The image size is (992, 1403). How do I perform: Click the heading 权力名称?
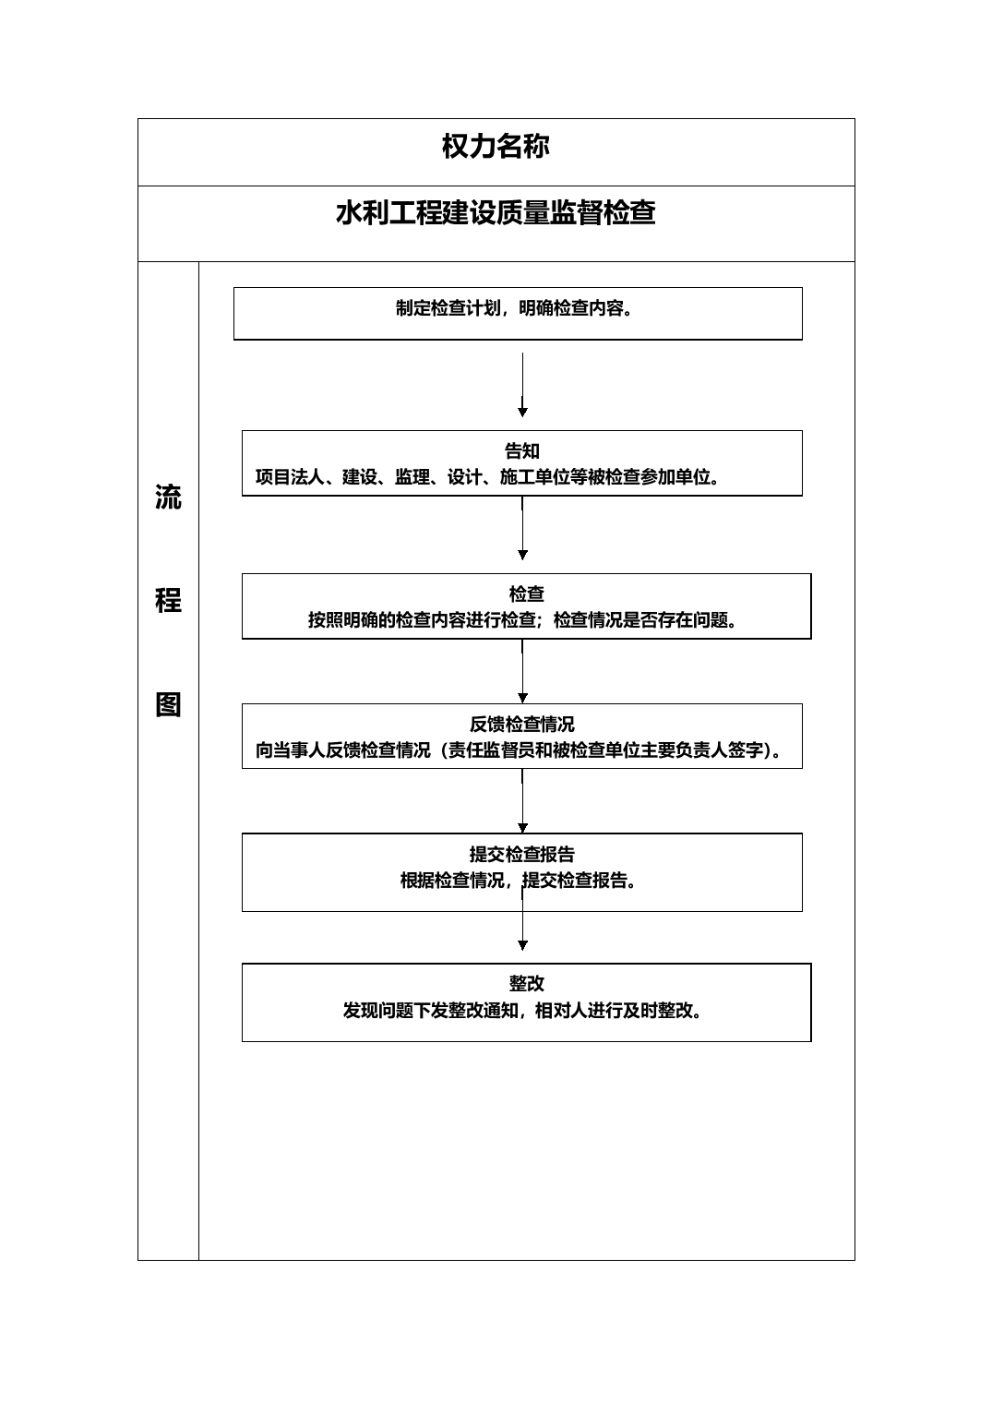coord(496,147)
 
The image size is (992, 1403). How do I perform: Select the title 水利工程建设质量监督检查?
coord(496,213)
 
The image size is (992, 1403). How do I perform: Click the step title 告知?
coord(521,451)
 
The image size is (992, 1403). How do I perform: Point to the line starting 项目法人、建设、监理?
coord(487,477)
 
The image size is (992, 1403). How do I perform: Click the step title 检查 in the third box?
coord(526,594)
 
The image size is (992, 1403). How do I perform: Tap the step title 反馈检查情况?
coord(521,724)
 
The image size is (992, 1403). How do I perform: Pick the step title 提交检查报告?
coord(521,855)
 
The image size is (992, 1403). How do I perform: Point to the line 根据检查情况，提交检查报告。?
coord(518,881)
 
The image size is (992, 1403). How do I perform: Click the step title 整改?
coord(526,984)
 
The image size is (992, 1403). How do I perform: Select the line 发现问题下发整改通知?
coord(522,1011)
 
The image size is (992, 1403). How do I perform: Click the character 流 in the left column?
coord(168,498)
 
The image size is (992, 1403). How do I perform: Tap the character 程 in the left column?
coord(168,601)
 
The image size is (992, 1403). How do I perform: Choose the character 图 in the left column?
coord(168,704)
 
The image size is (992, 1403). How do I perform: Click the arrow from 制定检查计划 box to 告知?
coord(522,385)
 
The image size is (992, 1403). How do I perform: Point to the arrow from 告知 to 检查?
coord(522,528)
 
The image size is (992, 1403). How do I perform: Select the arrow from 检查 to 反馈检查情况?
coord(522,671)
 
